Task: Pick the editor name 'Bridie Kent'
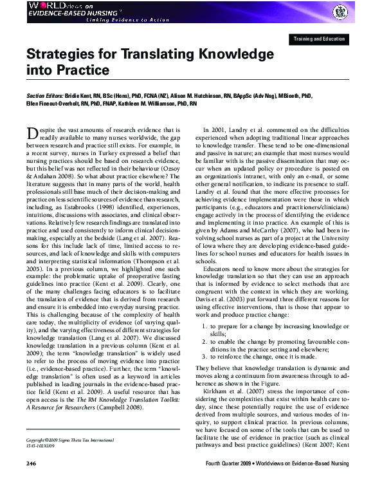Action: pyautogui.click(x=79, y=94)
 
